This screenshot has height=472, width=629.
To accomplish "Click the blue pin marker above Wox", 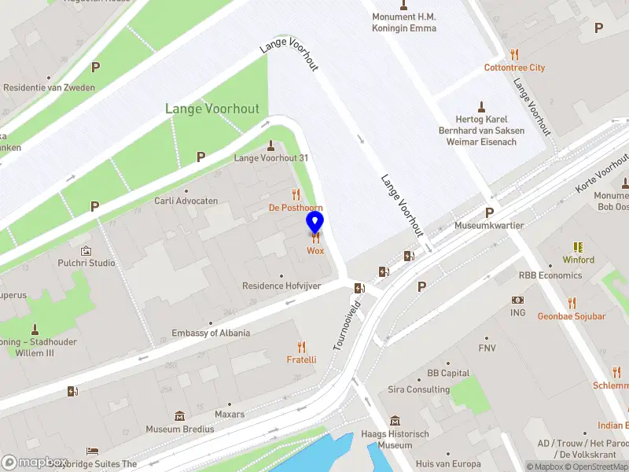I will pyautogui.click(x=315, y=223).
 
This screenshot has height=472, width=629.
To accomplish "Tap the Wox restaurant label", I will pyautogui.click(x=315, y=251).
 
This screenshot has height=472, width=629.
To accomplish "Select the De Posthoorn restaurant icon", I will pyautogui.click(x=296, y=194).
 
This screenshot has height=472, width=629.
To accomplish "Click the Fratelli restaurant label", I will pyautogui.click(x=301, y=360).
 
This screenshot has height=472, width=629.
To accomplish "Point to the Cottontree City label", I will pyautogui.click(x=514, y=68).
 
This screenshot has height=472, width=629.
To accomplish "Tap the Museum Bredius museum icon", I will pyautogui.click(x=179, y=415).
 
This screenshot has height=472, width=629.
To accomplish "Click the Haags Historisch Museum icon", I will pyautogui.click(x=395, y=421).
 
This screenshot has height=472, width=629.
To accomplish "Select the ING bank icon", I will pyautogui.click(x=517, y=300).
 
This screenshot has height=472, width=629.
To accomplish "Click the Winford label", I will pyautogui.click(x=579, y=260).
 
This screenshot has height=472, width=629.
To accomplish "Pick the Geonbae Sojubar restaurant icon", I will pyautogui.click(x=572, y=303).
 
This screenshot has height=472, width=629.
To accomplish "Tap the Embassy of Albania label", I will pyautogui.click(x=211, y=333).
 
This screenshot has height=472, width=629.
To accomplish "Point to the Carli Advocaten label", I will pyautogui.click(x=186, y=201).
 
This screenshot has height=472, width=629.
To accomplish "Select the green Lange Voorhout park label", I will pyautogui.click(x=212, y=109).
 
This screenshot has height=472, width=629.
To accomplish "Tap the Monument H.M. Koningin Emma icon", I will pyautogui.click(x=404, y=4).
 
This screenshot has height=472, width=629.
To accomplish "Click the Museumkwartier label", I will pyautogui.click(x=489, y=226).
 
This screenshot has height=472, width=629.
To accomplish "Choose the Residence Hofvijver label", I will pyautogui.click(x=281, y=286).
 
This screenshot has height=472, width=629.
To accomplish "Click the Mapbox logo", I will pyautogui.click(x=35, y=463).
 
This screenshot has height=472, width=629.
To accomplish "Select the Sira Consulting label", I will pyautogui.click(x=417, y=389).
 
